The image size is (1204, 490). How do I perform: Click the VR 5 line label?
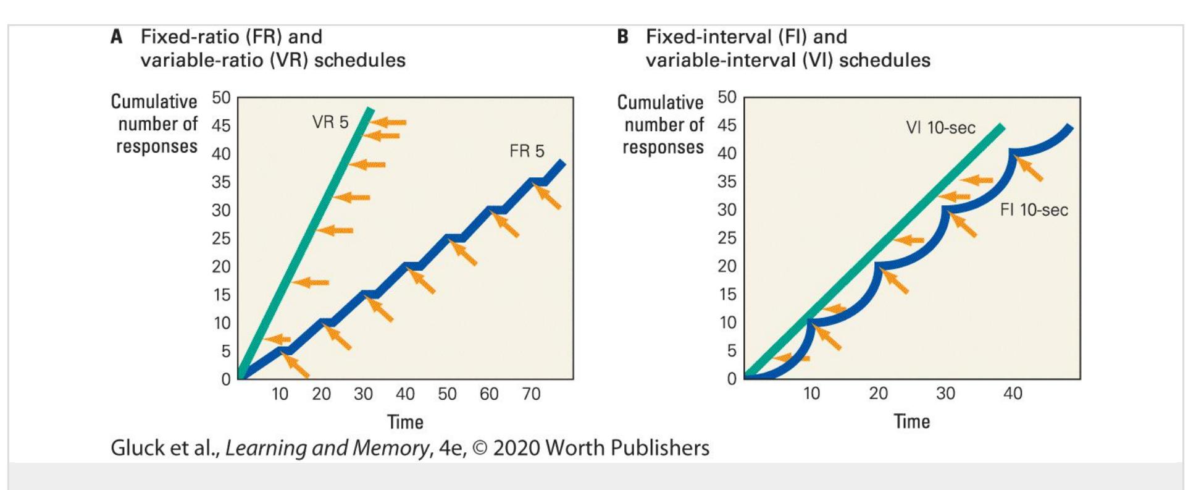(x=330, y=122)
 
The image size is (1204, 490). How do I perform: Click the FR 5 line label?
(x=527, y=151)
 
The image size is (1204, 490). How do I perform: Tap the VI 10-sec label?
(x=940, y=128)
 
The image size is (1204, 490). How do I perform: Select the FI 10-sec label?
(x=1034, y=210)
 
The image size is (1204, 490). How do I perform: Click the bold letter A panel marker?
(x=116, y=37)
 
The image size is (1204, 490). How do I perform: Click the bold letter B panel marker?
(x=622, y=37)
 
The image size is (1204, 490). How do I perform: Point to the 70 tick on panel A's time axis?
(x=531, y=394)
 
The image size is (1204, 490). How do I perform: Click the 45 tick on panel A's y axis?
(x=221, y=126)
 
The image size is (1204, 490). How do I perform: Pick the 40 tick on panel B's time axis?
(x=1013, y=394)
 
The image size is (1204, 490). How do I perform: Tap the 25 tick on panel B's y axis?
(x=727, y=238)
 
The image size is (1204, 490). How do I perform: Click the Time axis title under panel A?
(x=405, y=423)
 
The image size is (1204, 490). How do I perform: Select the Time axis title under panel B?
(x=911, y=422)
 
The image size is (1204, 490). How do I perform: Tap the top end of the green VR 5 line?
(x=370, y=110)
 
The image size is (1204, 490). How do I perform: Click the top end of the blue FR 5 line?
(x=561, y=163)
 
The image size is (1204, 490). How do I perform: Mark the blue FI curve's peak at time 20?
(x=877, y=266)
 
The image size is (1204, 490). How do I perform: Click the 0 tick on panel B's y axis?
(x=732, y=379)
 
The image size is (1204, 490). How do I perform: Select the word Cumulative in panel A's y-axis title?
(x=154, y=101)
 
